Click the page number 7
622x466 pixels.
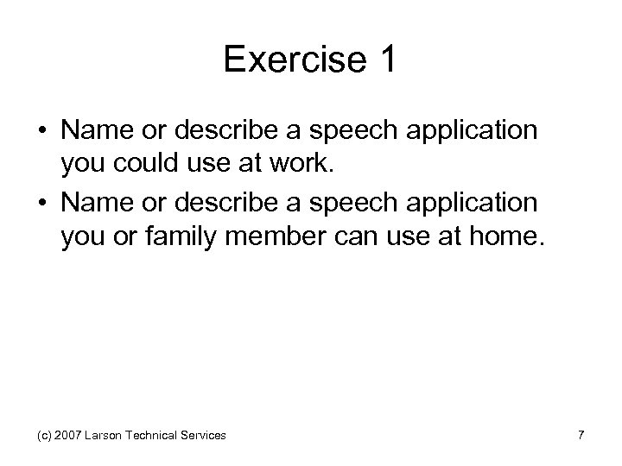pos(581,437)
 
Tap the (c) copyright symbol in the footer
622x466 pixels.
pos(43,437)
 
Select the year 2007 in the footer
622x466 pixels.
pos(69,437)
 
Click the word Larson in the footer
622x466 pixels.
pos(105,437)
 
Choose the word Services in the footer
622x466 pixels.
pos(206,437)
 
